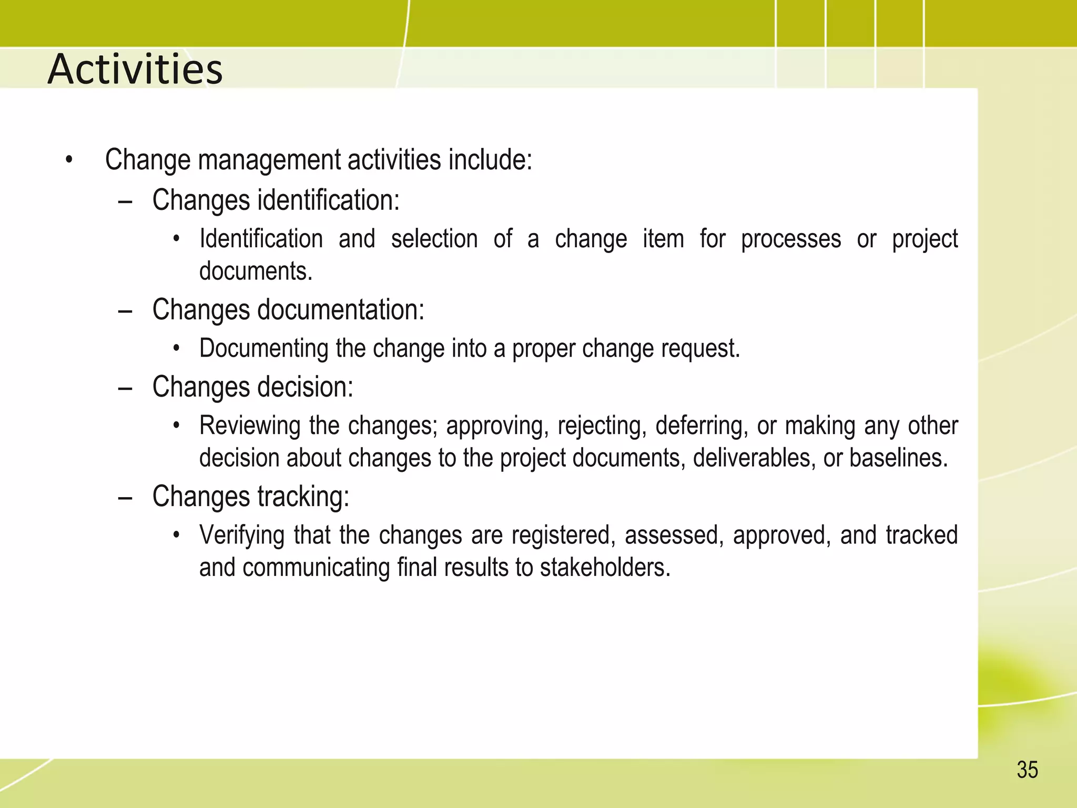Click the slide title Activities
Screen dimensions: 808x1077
point(135,69)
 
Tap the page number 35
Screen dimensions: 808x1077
point(1027,770)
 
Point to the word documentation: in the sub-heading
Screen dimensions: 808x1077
point(340,310)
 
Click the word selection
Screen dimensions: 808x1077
point(434,239)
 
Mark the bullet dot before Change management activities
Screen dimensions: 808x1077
point(68,160)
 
